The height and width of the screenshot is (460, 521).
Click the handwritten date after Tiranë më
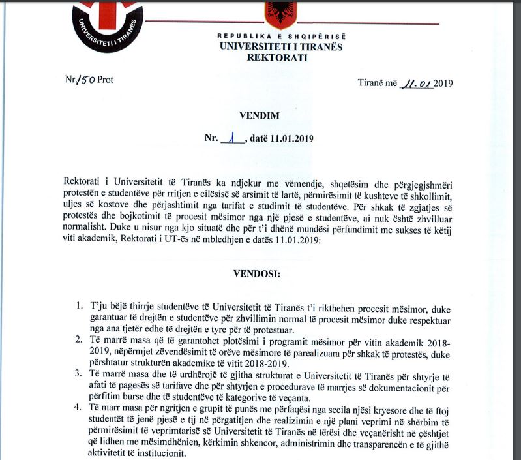417,83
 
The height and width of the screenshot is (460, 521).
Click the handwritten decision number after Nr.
231,138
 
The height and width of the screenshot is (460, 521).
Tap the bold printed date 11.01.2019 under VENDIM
293,139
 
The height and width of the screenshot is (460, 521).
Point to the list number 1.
78,305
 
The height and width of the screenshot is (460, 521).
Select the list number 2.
78,340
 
